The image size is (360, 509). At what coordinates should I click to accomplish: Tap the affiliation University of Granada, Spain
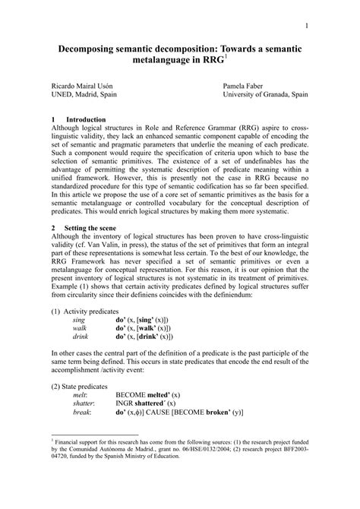pos(265,97)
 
